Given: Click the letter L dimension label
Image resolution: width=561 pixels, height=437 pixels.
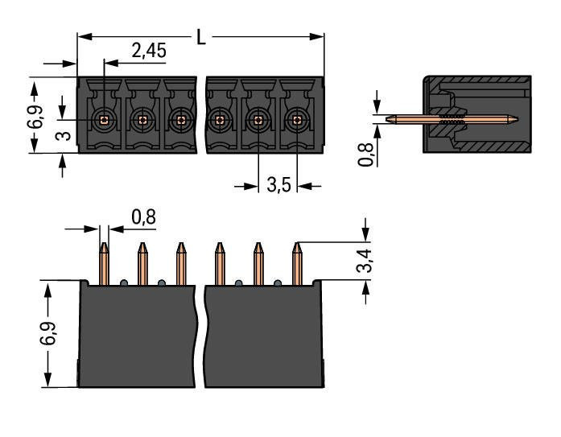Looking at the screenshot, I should [x=201, y=36].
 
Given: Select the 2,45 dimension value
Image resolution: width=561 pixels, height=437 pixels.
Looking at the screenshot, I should [x=149, y=52].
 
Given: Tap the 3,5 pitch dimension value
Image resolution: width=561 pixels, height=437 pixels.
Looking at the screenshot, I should [x=278, y=186].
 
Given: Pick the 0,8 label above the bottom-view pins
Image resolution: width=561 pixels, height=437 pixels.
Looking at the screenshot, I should [x=142, y=217].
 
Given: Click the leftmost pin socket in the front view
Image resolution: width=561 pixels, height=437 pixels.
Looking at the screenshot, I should [x=103, y=120].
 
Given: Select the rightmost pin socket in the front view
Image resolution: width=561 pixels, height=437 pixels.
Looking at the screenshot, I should [x=296, y=120].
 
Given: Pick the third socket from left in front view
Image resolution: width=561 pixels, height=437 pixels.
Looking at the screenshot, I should [x=180, y=120].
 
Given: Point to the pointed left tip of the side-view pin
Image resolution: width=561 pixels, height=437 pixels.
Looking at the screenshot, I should [x=390, y=121].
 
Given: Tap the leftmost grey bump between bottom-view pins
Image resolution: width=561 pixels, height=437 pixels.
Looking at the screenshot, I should [x=123, y=282].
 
